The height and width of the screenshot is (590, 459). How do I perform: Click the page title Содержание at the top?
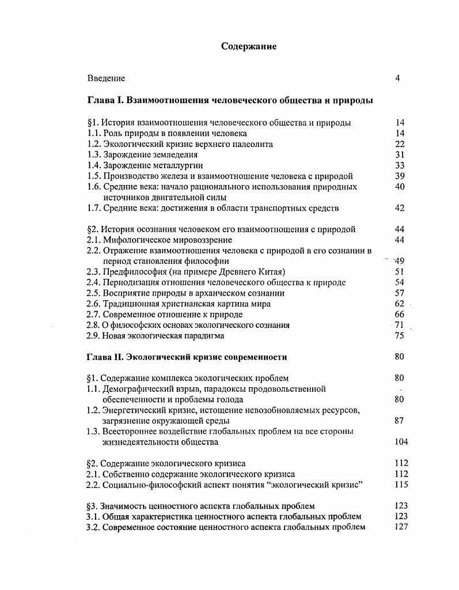tap(249, 47)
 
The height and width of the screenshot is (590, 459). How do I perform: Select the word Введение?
tap(106, 78)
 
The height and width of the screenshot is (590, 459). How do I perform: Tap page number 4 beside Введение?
tap(397, 78)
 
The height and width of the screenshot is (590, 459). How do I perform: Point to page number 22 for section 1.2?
tap(400, 144)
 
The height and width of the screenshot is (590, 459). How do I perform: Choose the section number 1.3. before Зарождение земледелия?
tap(94, 154)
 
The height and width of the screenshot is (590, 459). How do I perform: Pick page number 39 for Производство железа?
tap(400, 176)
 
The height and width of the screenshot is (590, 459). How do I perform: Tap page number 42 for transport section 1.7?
tap(400, 208)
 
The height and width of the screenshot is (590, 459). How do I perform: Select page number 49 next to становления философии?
tap(400, 261)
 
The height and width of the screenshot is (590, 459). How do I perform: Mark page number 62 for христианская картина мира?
tap(400, 304)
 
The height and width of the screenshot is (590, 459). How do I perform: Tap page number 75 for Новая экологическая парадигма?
tap(400, 335)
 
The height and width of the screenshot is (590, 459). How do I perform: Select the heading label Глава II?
tap(107, 357)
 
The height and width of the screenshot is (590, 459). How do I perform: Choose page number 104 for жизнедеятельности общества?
tap(401, 442)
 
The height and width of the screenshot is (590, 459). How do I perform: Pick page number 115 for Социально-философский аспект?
tap(401, 485)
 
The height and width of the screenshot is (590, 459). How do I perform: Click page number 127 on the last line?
tap(401, 527)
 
